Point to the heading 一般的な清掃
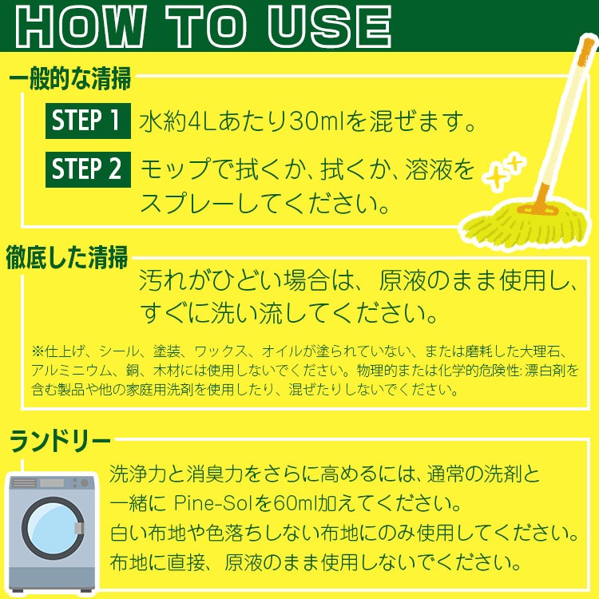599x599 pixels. pos(70,80)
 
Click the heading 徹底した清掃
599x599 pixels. pos(67,260)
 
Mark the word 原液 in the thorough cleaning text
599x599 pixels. pos(405,281)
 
